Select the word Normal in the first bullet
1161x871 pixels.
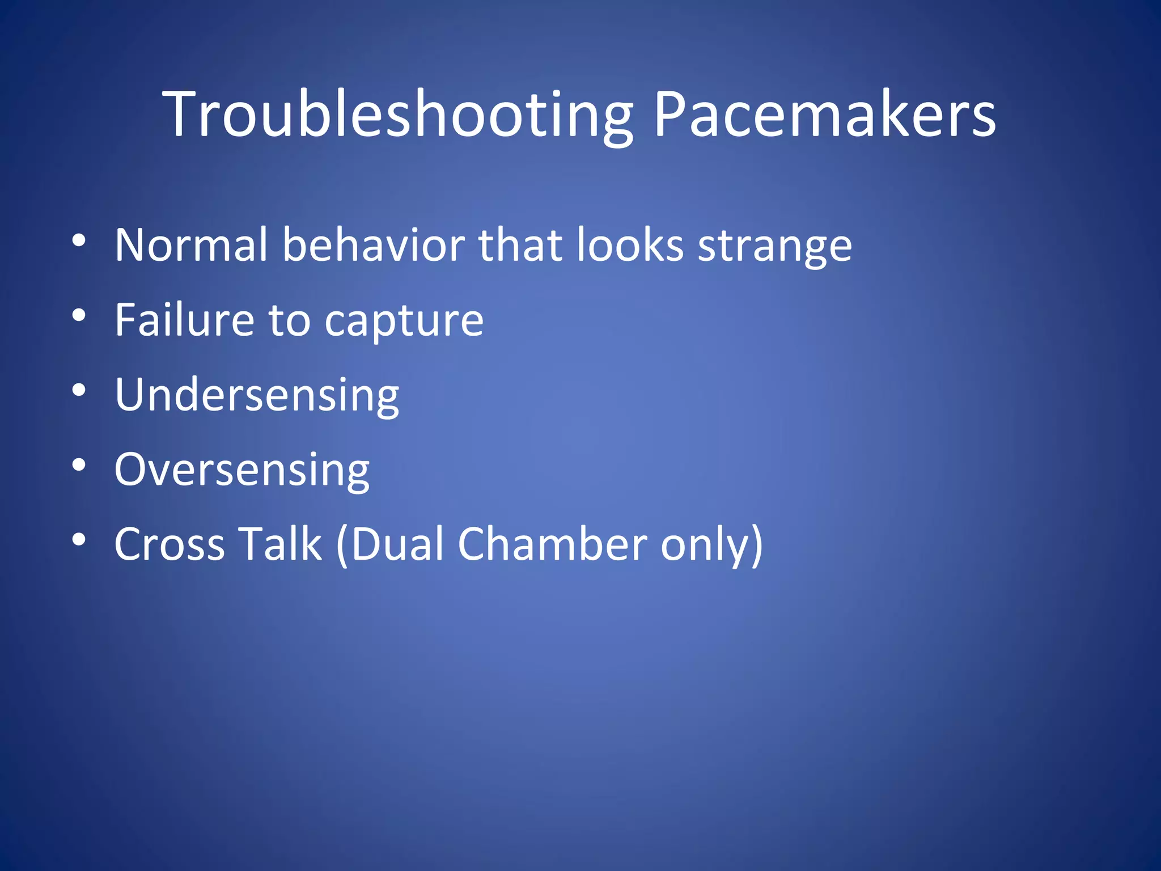[x=190, y=245]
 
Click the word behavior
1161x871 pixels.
[x=374, y=245]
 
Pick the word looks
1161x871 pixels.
[x=629, y=245]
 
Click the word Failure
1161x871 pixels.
[x=184, y=320]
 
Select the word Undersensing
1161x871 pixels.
[x=257, y=395]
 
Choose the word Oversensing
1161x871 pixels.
[x=242, y=470]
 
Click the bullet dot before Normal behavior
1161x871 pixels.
[x=79, y=241]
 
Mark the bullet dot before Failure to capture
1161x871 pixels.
[x=79, y=316]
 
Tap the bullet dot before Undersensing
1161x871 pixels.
[x=79, y=391]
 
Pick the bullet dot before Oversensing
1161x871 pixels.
[x=79, y=466]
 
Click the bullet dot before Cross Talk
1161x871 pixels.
[x=79, y=540]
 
